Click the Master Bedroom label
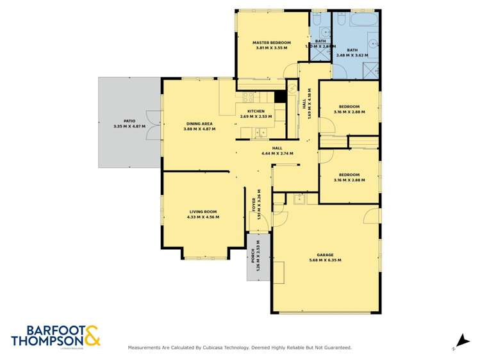(x=271, y=43)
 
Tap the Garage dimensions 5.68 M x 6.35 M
(x=325, y=260)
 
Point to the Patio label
(x=129, y=121)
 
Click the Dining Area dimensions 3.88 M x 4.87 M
(x=199, y=129)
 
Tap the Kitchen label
(x=256, y=111)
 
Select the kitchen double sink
(x=260, y=133)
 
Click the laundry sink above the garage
(x=299, y=200)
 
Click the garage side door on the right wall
(x=374, y=216)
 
